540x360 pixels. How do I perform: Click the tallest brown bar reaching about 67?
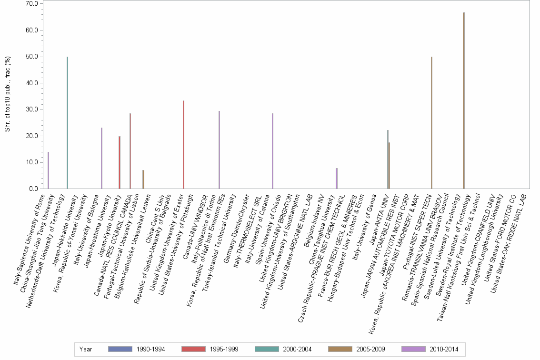pyautogui.click(x=463, y=100)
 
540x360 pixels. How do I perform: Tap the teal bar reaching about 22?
pyautogui.click(x=388, y=160)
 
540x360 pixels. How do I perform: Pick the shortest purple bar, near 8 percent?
pyautogui.click(x=337, y=179)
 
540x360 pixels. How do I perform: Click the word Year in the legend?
pyautogui.click(x=86, y=349)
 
